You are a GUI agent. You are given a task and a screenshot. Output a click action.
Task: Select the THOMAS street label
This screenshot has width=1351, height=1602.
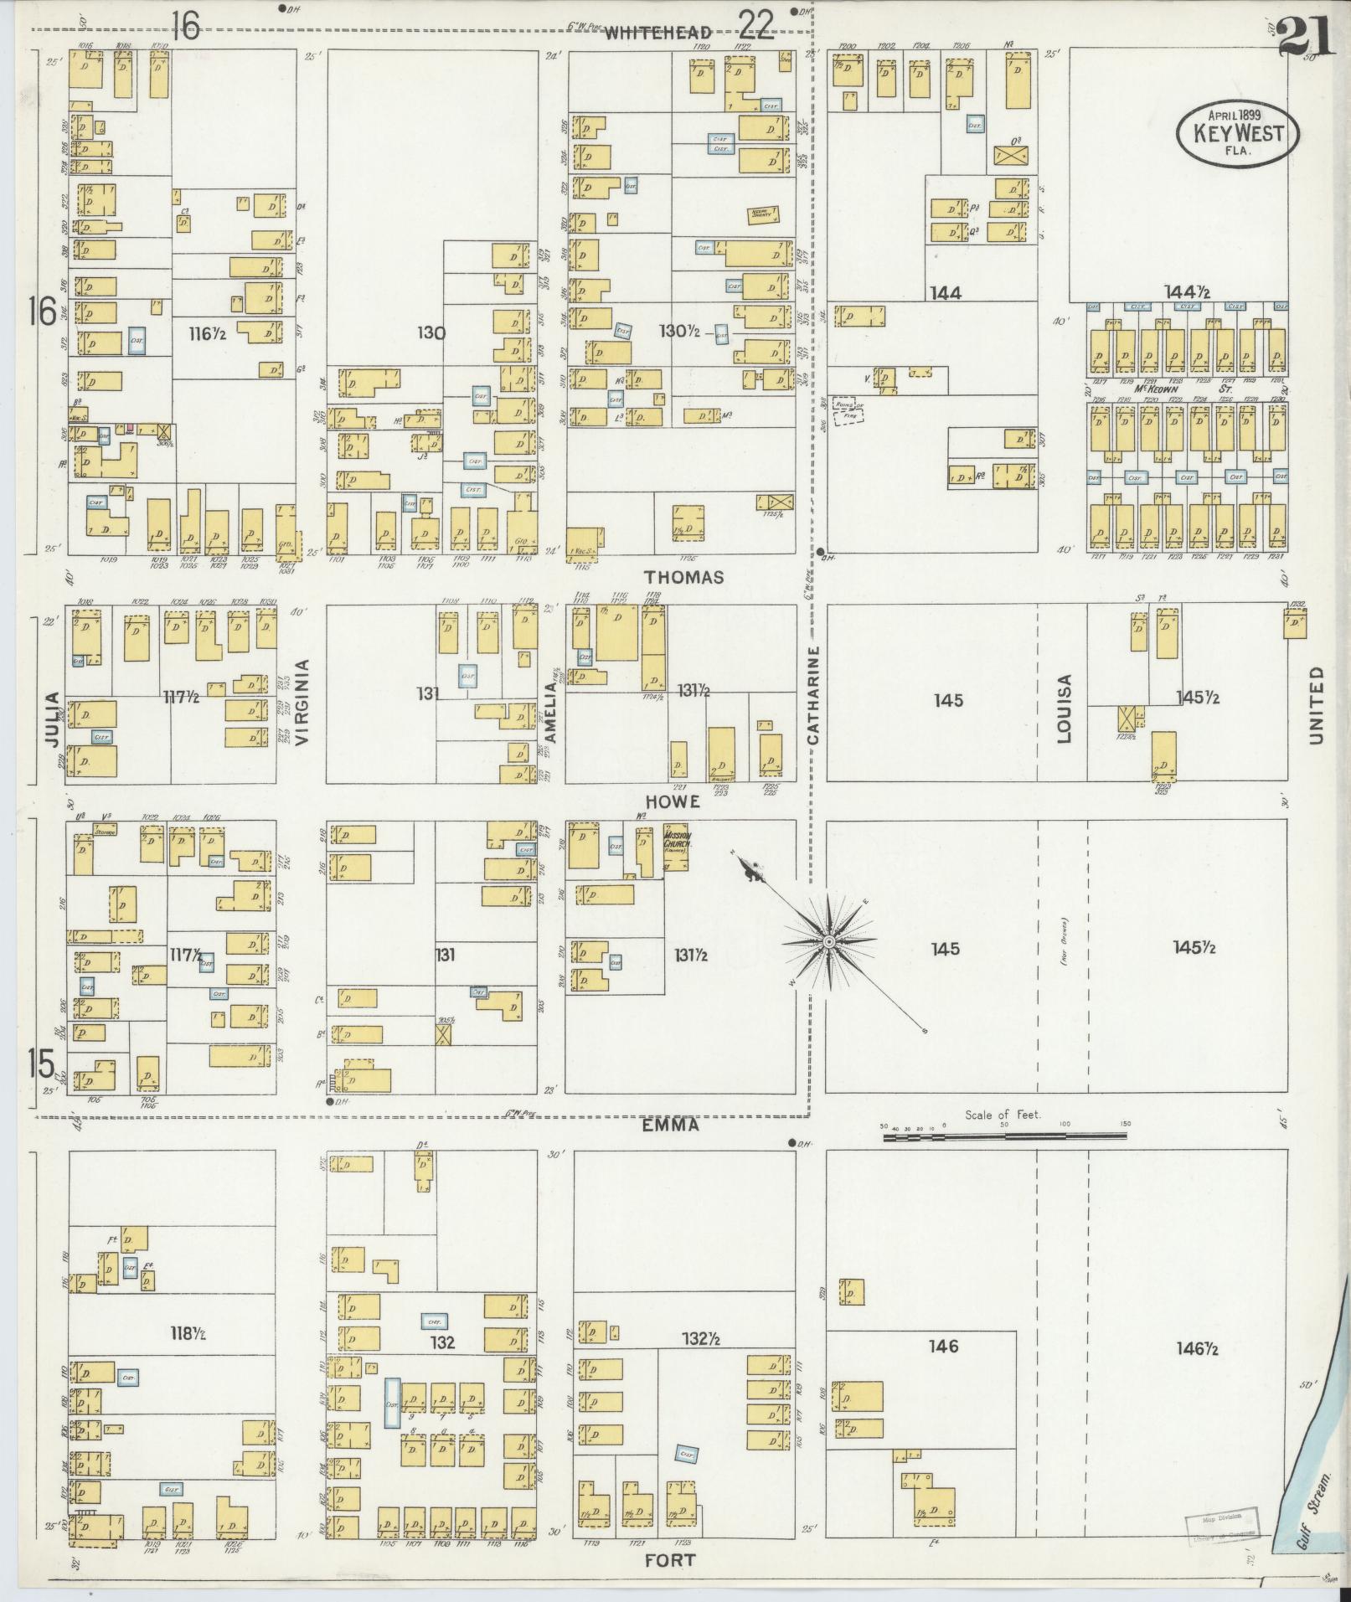[684, 577]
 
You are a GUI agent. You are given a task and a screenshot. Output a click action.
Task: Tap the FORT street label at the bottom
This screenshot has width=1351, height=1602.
[671, 1560]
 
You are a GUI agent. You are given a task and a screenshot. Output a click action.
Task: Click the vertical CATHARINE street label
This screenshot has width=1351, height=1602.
[813, 694]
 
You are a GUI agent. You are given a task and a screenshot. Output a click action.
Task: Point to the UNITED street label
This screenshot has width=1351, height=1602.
[1316, 704]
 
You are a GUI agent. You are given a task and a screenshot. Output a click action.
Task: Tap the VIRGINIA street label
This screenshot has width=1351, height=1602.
[302, 702]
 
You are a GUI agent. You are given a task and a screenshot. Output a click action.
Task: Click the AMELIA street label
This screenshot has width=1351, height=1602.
[550, 711]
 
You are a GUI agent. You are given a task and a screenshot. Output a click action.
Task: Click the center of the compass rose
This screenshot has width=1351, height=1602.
[828, 942]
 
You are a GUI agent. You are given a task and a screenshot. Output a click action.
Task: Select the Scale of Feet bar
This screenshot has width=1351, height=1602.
[1003, 1136]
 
